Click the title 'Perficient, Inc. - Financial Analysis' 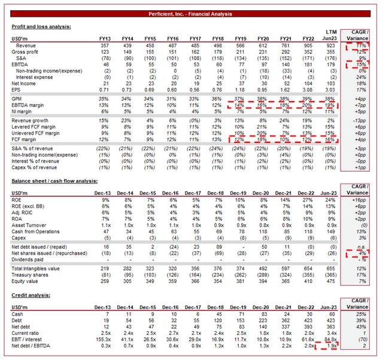tap(191, 14)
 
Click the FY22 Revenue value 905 tap(306, 45)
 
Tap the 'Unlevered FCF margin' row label tap(38, 133)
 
